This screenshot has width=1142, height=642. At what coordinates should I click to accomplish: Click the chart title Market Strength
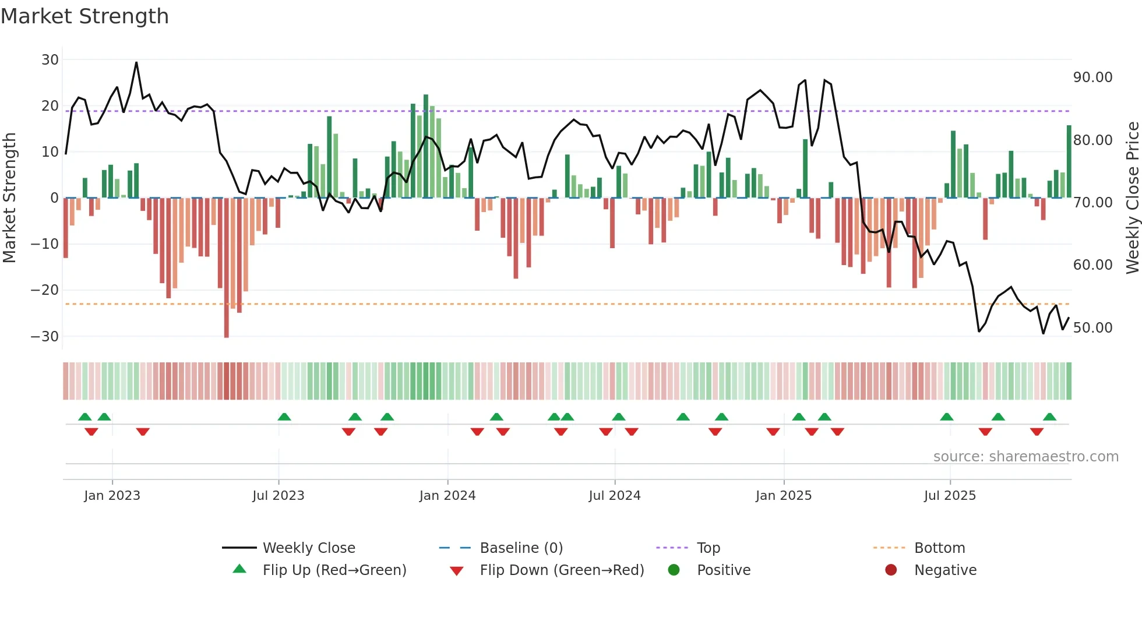click(84, 16)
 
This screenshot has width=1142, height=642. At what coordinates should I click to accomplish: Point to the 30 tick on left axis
click(50, 59)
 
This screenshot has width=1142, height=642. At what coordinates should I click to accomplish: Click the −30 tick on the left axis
click(45, 336)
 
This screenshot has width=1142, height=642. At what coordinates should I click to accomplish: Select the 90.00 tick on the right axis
click(1092, 77)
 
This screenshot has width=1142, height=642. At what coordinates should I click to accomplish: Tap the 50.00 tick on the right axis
click(1092, 327)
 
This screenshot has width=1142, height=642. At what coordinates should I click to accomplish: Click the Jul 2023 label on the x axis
click(278, 495)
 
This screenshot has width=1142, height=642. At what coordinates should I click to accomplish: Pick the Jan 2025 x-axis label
click(783, 495)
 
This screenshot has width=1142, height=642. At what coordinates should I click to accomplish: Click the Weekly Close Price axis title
click(1132, 197)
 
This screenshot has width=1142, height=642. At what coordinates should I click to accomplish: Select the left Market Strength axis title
click(10, 197)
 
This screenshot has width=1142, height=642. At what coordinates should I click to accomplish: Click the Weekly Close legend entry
click(308, 548)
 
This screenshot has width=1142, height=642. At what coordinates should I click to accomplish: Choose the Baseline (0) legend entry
click(521, 548)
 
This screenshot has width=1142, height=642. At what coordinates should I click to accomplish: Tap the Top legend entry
click(708, 548)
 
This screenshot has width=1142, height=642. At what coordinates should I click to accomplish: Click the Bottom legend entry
click(939, 548)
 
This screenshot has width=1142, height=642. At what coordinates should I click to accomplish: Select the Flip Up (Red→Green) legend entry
click(334, 570)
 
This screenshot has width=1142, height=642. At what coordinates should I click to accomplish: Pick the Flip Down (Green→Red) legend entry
click(561, 570)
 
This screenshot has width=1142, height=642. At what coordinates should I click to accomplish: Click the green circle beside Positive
click(674, 570)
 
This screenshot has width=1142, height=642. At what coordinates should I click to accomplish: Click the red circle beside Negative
click(890, 570)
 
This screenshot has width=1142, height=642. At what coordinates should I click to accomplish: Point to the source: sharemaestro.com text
click(1025, 456)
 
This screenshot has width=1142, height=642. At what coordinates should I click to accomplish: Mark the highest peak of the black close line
click(136, 62)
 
